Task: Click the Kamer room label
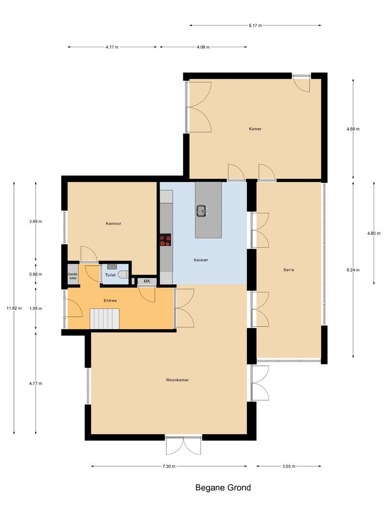pyautogui.click(x=255, y=129)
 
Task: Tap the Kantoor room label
pyautogui.click(x=113, y=223)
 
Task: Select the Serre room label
pyautogui.click(x=288, y=270)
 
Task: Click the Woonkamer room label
pyautogui.click(x=177, y=380)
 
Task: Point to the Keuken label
pyautogui.click(x=201, y=260)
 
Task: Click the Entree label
pyautogui.click(x=110, y=301)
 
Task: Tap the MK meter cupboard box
pyautogui.click(x=147, y=281)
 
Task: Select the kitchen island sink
pyautogui.click(x=202, y=211)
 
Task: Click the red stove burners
pyautogui.click(x=166, y=240)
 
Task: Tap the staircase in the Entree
pyautogui.click(x=105, y=319)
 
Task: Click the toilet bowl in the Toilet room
pyautogui.click(x=123, y=275)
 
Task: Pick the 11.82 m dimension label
pyautogui.click(x=14, y=308)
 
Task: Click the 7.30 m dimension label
pyautogui.click(x=169, y=466)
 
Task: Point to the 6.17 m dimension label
pyautogui.click(x=255, y=25)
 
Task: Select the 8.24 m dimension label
pyautogui.click(x=353, y=270)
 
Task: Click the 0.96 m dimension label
pyautogui.click(x=36, y=274)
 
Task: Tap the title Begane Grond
pyautogui.click(x=223, y=488)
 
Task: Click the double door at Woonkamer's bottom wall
pyautogui.click(x=183, y=445)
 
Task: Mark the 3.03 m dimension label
pyautogui.click(x=289, y=466)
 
